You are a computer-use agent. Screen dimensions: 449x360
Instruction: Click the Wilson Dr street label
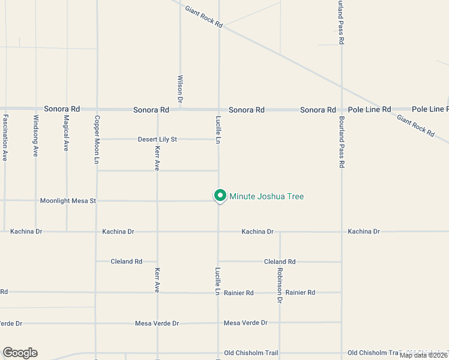(x=179, y=88)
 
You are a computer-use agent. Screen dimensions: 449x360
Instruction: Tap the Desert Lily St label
(x=157, y=139)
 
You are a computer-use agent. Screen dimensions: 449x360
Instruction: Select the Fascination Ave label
(x=5, y=137)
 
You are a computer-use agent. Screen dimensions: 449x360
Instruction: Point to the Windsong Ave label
(x=36, y=136)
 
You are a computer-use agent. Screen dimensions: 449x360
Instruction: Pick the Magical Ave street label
(x=66, y=133)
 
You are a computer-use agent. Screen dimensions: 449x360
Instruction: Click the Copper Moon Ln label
(x=96, y=140)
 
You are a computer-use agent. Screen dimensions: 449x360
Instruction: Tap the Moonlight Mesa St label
(x=68, y=200)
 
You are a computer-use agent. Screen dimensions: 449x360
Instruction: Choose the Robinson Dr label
(x=280, y=284)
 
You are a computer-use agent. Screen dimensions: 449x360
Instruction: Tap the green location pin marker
(x=220, y=196)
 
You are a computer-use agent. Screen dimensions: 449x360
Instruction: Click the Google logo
(x=20, y=353)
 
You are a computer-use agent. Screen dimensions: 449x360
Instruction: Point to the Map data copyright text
(x=424, y=355)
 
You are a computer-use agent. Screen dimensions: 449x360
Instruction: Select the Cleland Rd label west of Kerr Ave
(x=126, y=262)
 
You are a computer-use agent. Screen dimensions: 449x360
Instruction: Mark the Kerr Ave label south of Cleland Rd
(x=157, y=280)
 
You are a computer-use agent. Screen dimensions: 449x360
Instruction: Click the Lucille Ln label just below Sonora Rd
(x=218, y=129)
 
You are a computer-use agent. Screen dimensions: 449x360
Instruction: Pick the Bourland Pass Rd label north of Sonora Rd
(x=341, y=23)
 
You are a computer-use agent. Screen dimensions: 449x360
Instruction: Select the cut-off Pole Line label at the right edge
(x=430, y=109)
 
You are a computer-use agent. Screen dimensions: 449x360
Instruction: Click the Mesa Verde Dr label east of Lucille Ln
(x=246, y=323)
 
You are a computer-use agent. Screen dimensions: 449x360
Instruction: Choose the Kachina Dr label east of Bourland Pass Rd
(x=364, y=232)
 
